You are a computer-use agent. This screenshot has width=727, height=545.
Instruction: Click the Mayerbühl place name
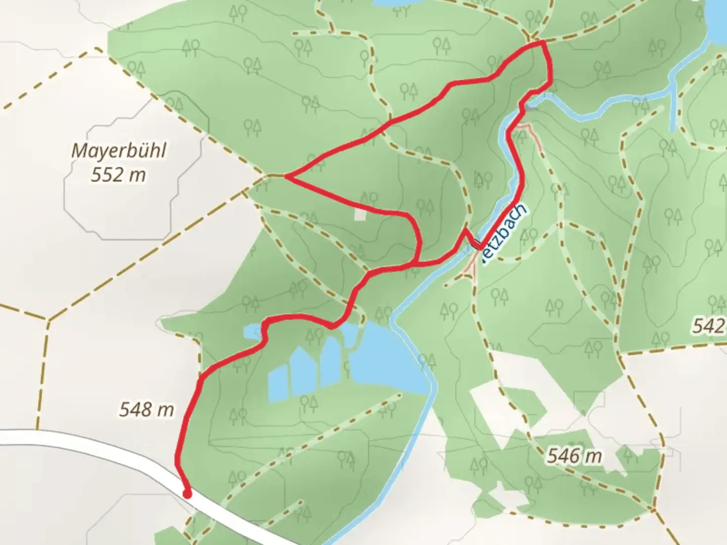coord(119,150)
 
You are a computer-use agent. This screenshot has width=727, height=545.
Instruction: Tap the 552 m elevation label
coord(119,175)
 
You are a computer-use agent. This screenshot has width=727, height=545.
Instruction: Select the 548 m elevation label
coord(146,409)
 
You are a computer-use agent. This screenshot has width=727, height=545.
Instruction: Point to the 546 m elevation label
coord(575,457)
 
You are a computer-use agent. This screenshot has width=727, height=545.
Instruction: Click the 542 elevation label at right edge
coord(709,326)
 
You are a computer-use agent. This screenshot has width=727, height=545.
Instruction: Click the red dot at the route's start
coord(187,494)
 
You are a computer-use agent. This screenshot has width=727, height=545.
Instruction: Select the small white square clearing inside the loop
coord(360,214)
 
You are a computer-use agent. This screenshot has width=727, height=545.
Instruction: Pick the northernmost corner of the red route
coord(543,43)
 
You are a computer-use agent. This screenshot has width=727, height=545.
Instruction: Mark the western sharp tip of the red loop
coord(286,176)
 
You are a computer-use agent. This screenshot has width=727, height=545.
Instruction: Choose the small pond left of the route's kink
coord(251,332)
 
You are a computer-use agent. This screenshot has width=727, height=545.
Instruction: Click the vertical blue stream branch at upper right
coord(672,108)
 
